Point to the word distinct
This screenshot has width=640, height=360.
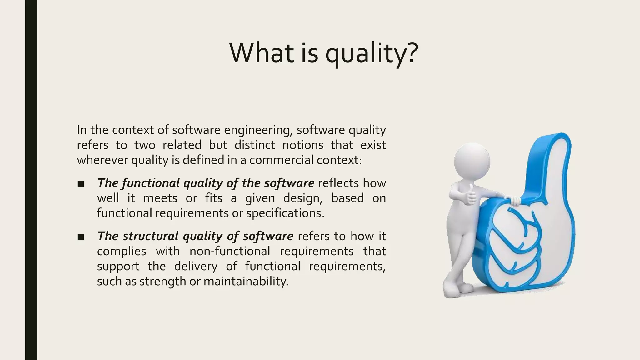tap(255, 145)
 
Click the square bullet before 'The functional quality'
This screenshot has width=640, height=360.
tap(81, 184)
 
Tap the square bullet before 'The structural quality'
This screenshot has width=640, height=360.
tap(81, 237)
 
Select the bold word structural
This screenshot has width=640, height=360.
tap(150, 236)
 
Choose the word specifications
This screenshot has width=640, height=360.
tap(285, 213)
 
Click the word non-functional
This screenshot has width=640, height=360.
tap(230, 251)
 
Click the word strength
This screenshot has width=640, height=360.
tap(162, 281)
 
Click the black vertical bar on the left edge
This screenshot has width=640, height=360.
tap(31, 180)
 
